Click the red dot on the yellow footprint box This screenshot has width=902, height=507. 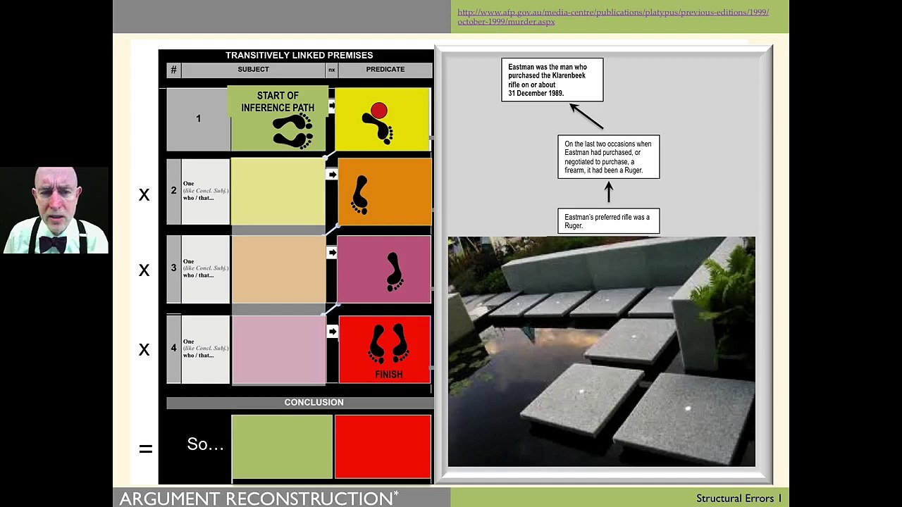pyautogui.click(x=379, y=111)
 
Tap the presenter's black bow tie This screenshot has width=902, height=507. pyautogui.click(x=53, y=244)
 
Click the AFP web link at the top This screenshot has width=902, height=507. pyautogui.click(x=612, y=17)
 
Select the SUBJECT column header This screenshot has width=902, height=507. pyautogui.click(x=253, y=70)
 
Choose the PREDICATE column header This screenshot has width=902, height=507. pyautogui.click(x=385, y=70)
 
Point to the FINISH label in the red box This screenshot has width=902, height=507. pyautogui.click(x=388, y=375)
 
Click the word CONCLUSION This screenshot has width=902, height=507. pyautogui.click(x=314, y=402)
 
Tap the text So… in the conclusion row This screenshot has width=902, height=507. pyautogui.click(x=205, y=444)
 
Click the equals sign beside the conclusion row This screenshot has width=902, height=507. pyautogui.click(x=146, y=449)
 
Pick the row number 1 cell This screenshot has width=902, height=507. pyautogui.click(x=198, y=119)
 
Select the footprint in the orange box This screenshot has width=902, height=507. pyautogui.click(x=360, y=195)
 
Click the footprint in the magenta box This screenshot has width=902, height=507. pyautogui.click(x=395, y=271)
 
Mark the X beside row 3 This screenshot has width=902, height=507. pyautogui.click(x=144, y=270)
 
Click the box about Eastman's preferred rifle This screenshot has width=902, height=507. pyautogui.click(x=608, y=221)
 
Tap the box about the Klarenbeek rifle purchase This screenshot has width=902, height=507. pyautogui.click(x=552, y=80)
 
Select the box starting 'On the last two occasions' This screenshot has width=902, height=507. pyautogui.click(x=608, y=157)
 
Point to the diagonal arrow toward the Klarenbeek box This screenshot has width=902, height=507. pyautogui.click(x=586, y=117)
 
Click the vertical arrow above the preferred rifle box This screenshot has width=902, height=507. pyautogui.click(x=609, y=192)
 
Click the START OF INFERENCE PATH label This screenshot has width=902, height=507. pyautogui.click(x=278, y=101)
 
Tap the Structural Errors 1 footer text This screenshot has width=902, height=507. pyautogui.click(x=739, y=499)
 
